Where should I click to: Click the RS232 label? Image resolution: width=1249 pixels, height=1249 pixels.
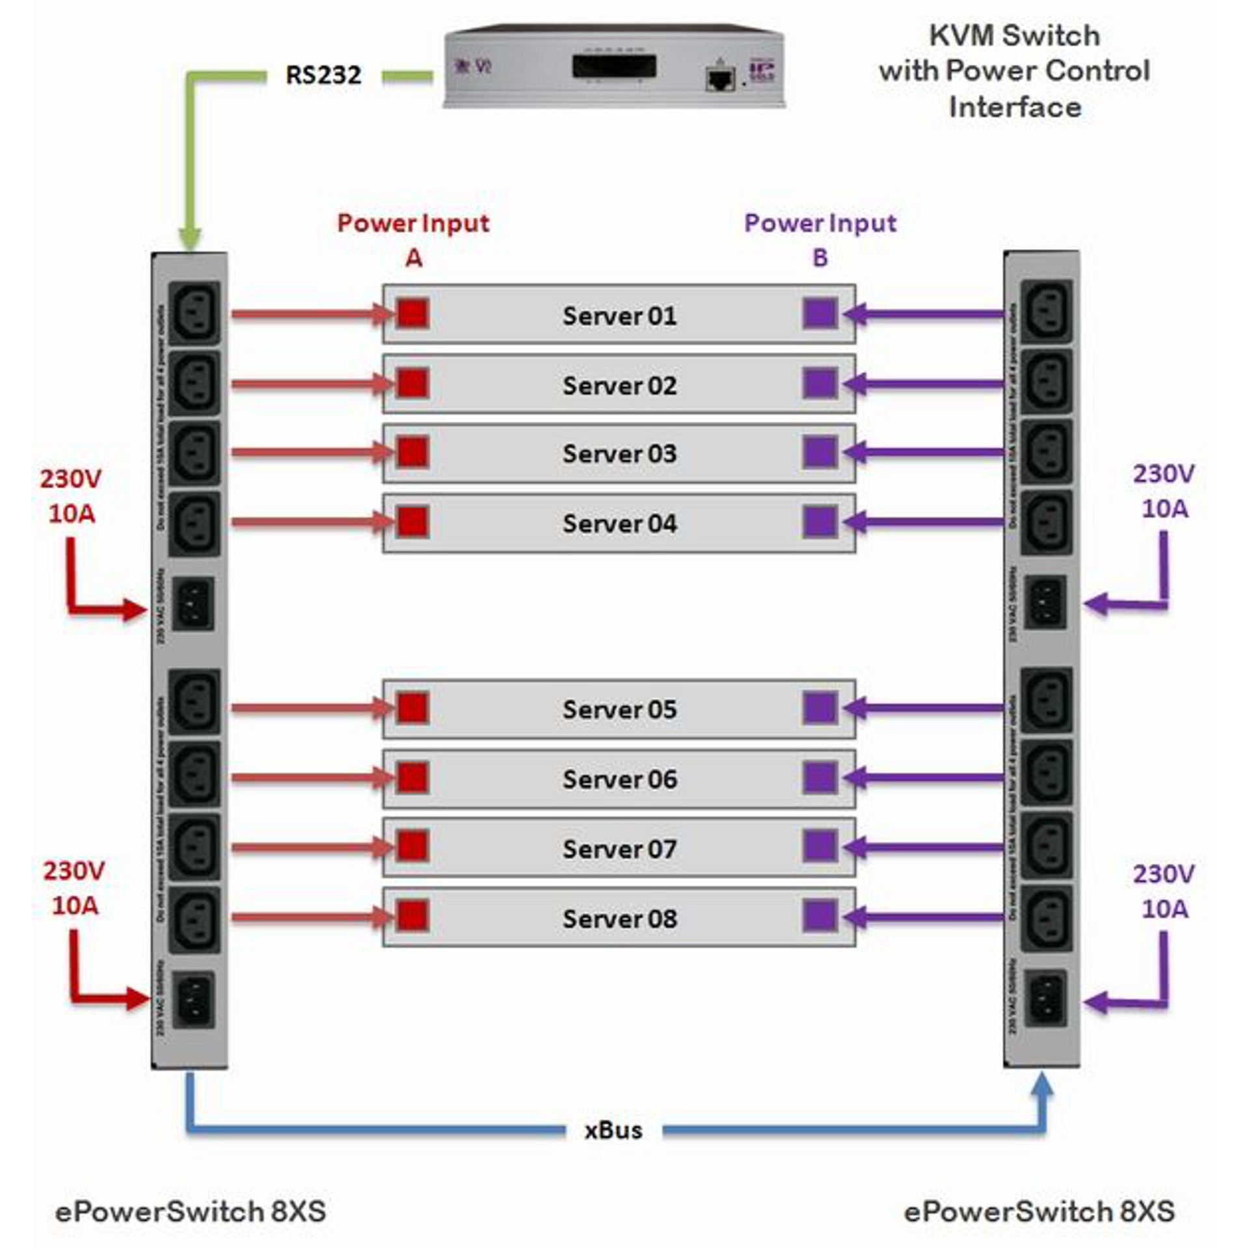click(x=323, y=75)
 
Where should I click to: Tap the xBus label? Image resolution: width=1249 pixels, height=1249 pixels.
click(x=613, y=1130)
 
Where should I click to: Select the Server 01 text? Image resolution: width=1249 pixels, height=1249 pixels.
click(x=619, y=316)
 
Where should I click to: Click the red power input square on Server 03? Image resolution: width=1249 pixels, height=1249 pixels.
click(x=412, y=452)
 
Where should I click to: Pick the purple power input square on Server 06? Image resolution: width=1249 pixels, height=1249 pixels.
click(x=820, y=777)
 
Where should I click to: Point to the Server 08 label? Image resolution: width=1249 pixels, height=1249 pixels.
click(x=619, y=919)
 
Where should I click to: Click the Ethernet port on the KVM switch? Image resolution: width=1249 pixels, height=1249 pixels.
click(x=719, y=79)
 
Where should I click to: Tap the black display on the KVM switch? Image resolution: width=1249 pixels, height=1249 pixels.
click(x=613, y=66)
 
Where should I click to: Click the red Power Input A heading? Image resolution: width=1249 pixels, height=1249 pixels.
click(x=413, y=240)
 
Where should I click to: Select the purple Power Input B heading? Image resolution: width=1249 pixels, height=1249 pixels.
click(x=820, y=240)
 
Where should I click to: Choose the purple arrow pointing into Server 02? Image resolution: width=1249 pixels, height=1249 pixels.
click(x=924, y=384)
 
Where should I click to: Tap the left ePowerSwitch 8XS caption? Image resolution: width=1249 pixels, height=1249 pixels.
click(x=191, y=1211)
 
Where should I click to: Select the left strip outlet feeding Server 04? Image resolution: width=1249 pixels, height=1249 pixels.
click(x=194, y=523)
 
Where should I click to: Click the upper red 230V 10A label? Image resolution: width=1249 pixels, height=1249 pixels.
click(x=72, y=496)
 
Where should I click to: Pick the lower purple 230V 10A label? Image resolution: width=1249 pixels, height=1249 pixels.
click(x=1164, y=891)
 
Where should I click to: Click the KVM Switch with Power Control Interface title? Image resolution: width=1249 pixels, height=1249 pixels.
click(x=1014, y=71)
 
